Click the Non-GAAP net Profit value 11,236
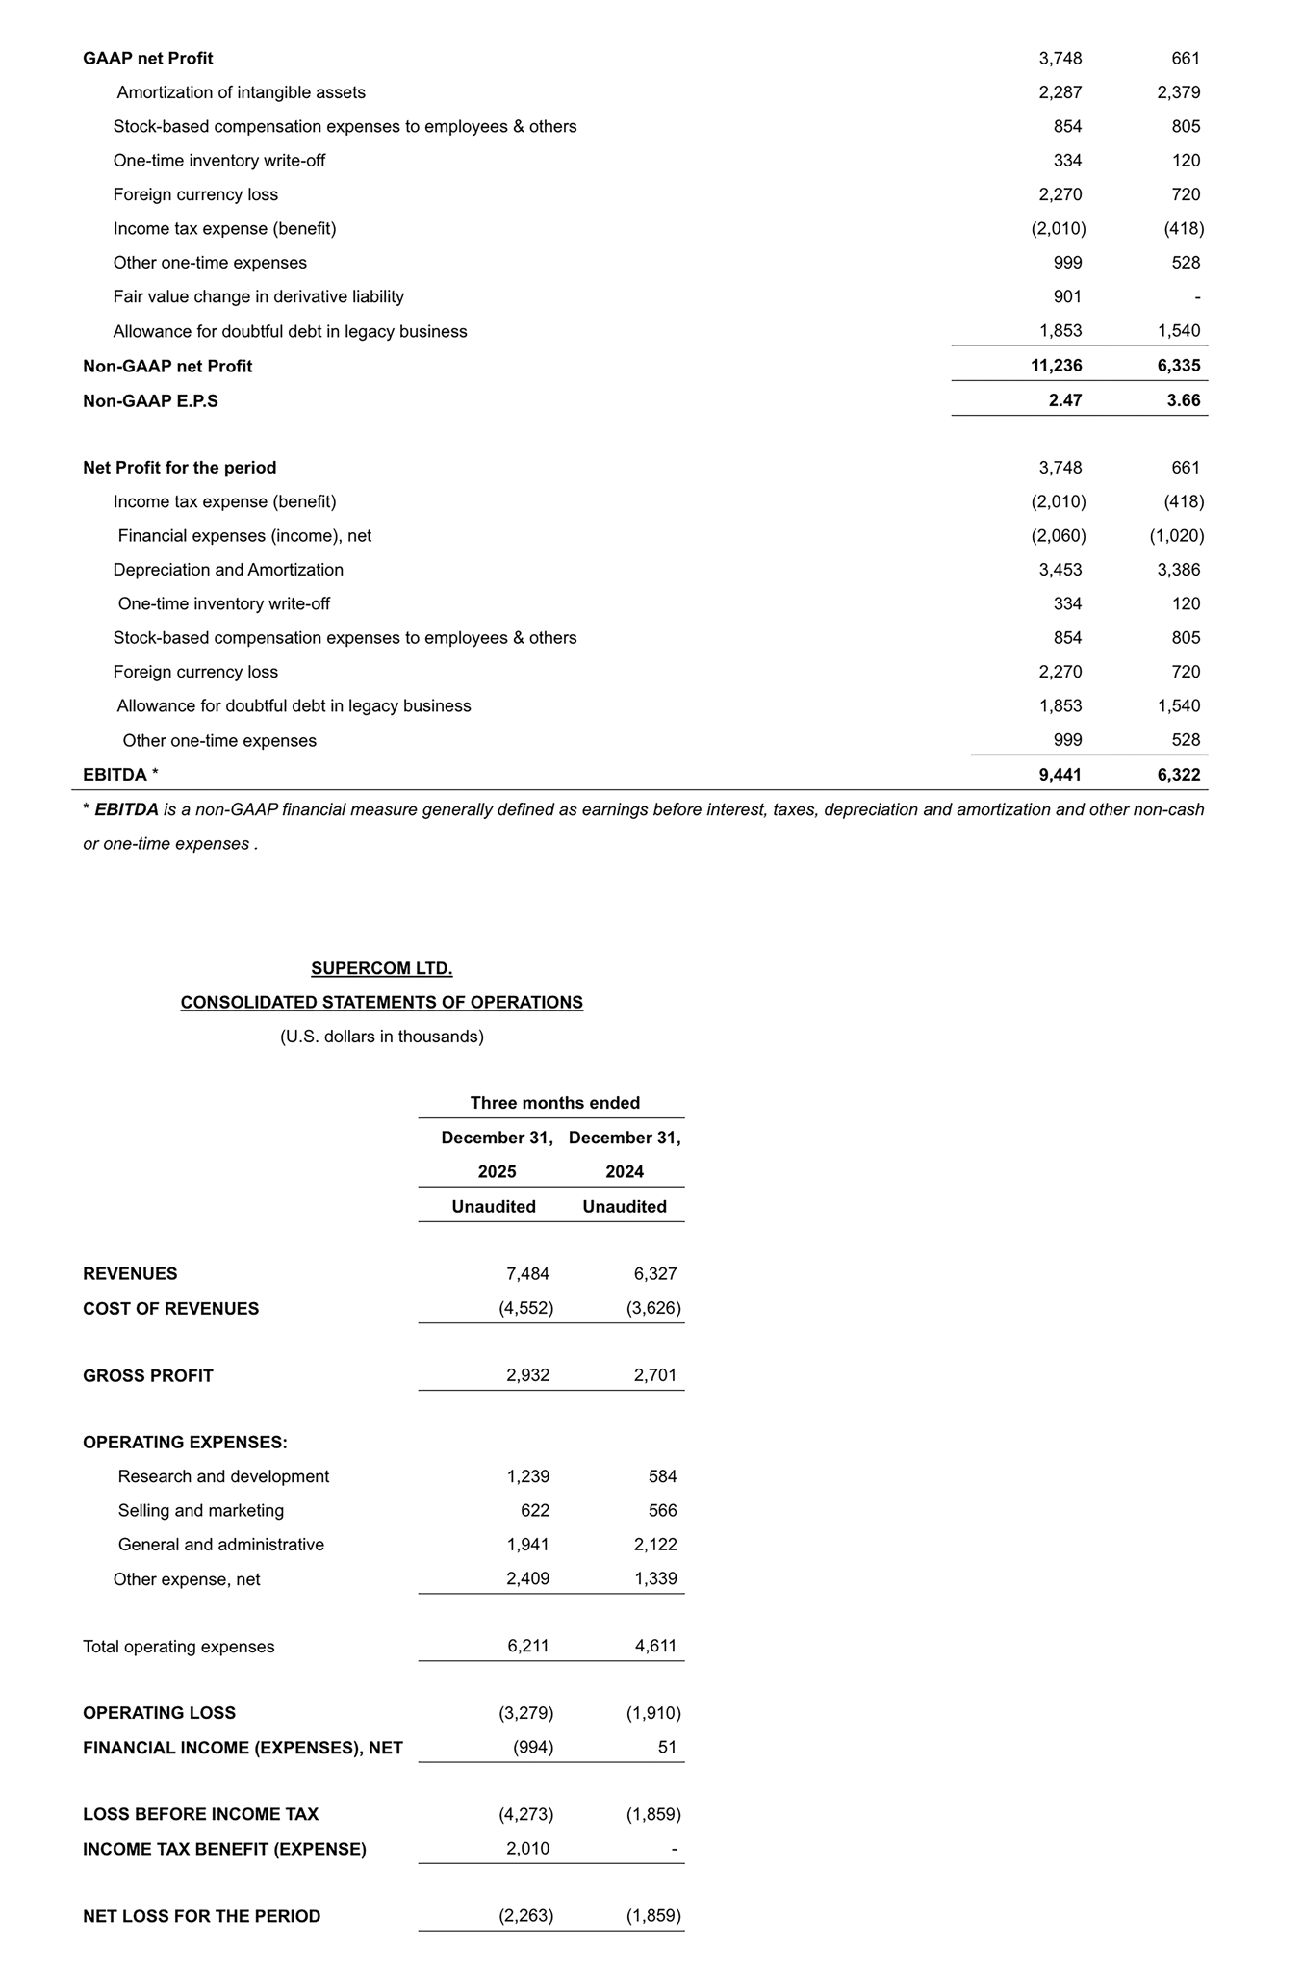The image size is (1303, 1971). (x=1056, y=366)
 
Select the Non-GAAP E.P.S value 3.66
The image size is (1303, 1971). (x=1183, y=400)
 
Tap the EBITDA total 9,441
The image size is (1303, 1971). (x=1060, y=774)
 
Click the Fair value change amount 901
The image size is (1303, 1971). (x=1067, y=296)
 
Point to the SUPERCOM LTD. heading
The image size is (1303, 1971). (x=382, y=968)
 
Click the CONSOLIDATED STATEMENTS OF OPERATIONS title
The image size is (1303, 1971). (x=382, y=1002)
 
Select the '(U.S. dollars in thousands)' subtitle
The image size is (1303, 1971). (x=382, y=1037)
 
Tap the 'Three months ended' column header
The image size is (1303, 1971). (x=555, y=1103)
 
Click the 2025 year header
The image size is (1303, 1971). (x=497, y=1171)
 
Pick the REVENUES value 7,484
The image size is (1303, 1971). (x=527, y=1273)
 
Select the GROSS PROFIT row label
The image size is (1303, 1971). (x=148, y=1375)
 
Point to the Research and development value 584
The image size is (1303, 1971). (x=662, y=1476)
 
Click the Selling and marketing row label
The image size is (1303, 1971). (x=201, y=1510)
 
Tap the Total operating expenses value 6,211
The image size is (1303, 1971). (x=528, y=1646)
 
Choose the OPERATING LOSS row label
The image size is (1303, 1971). (x=160, y=1712)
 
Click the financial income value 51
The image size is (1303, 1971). (x=667, y=1747)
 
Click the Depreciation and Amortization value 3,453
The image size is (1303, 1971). (x=1060, y=569)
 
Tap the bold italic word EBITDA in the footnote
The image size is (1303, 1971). (x=126, y=809)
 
